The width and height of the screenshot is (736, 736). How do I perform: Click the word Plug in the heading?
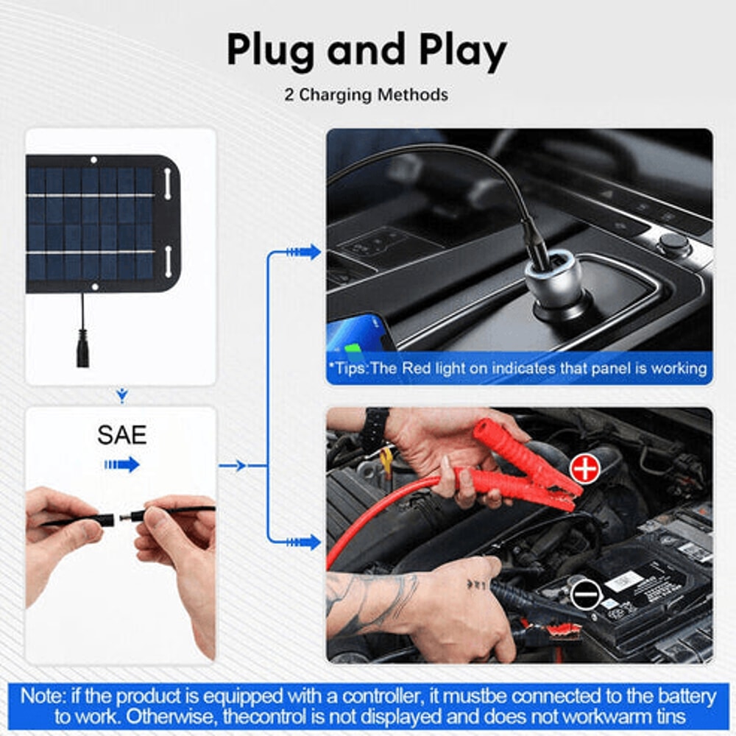[x=268, y=51]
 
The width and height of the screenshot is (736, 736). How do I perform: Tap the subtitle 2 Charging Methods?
[x=367, y=95]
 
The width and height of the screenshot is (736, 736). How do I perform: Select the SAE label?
[x=121, y=434]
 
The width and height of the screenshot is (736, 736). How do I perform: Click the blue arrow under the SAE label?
[x=121, y=464]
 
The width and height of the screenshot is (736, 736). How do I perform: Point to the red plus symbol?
[x=585, y=469]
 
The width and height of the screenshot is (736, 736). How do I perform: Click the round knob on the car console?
[x=673, y=244]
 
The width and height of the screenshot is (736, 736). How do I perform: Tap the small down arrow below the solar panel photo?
[x=122, y=397]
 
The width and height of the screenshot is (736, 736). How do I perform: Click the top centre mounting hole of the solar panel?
[x=93, y=160]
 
